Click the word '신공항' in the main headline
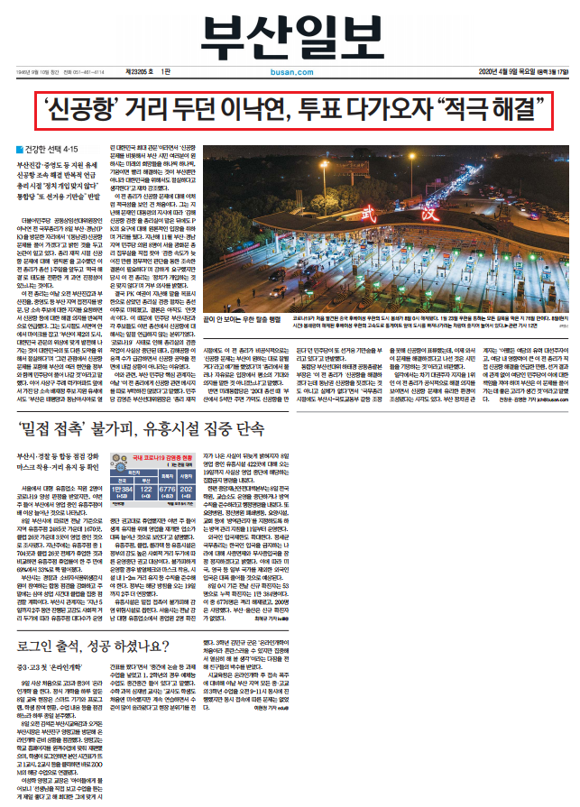pos(78,112)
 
